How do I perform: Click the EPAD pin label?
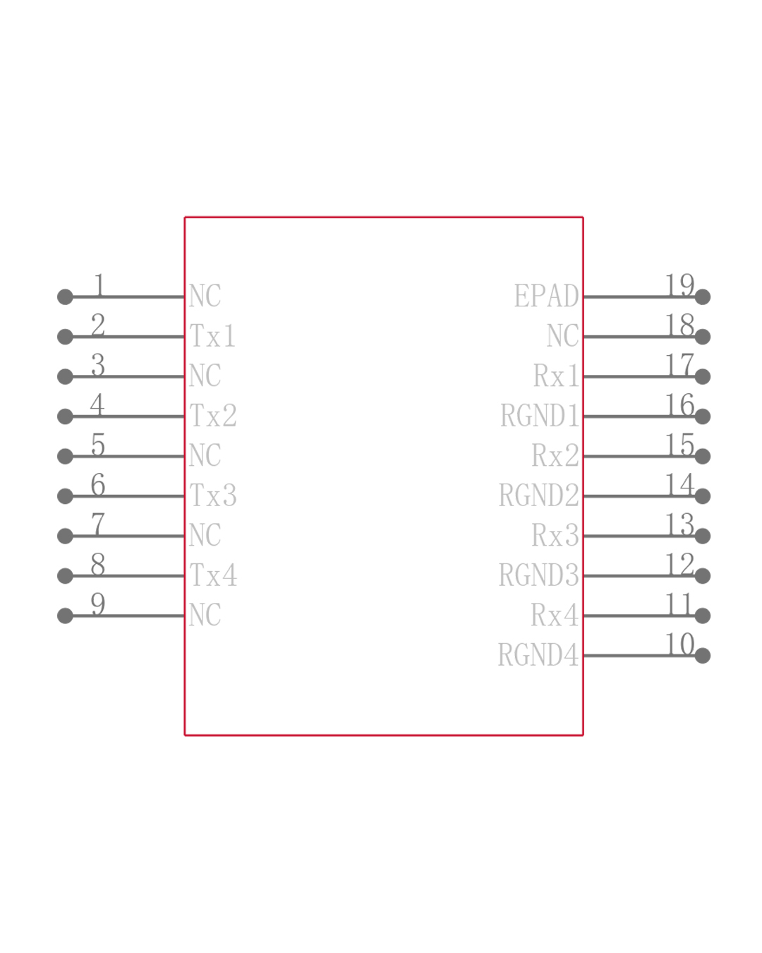pos(546,296)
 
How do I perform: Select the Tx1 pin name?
pos(212,336)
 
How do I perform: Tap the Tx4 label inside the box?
pos(213,575)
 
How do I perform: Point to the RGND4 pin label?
pos(538,655)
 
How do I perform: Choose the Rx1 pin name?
pos(556,376)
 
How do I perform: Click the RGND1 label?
pos(539,416)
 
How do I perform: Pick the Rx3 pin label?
pos(555,536)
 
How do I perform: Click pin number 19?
pos(679,285)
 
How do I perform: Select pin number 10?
pos(679,644)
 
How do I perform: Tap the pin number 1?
pos(99,285)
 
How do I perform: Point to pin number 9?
pos(98,604)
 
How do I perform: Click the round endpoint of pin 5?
pos(65,456)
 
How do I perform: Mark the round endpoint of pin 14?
pos(702,496)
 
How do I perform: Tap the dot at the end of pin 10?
pos(702,656)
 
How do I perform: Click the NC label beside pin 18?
pos(562,336)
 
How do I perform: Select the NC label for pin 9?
pos(205,615)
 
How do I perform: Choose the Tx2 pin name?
pos(213,416)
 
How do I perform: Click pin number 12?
pos(679,564)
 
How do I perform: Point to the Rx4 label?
pos(555,616)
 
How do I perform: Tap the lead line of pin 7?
pos(127,536)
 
